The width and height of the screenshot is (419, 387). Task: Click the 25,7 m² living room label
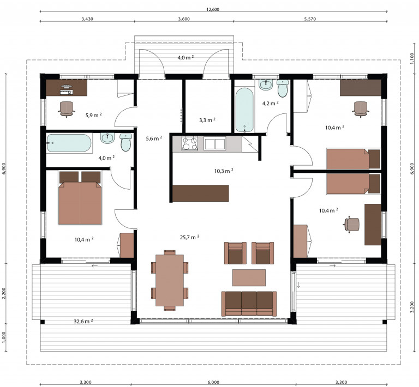click(189, 237)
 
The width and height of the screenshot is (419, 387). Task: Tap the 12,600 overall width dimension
click(213, 9)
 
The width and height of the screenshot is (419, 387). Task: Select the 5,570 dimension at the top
click(310, 19)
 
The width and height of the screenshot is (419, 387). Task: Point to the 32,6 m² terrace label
click(83, 321)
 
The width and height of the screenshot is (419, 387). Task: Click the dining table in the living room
click(170, 280)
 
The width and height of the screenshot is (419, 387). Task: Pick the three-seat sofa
click(249, 304)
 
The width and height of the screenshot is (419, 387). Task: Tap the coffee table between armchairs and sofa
click(249, 277)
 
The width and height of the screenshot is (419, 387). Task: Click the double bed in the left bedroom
click(80, 198)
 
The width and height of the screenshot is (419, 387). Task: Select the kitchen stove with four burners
click(190, 143)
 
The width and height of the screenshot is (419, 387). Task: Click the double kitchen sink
click(215, 143)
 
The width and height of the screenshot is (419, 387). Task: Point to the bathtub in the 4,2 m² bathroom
click(244, 110)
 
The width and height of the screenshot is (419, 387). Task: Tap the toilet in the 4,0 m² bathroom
click(125, 142)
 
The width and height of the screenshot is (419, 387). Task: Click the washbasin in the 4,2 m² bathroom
click(266, 84)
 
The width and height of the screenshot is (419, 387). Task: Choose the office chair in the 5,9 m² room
click(67, 109)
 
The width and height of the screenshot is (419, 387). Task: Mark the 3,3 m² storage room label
click(207, 120)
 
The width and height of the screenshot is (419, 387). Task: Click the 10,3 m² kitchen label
click(224, 171)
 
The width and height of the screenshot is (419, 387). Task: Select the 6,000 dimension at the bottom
click(213, 382)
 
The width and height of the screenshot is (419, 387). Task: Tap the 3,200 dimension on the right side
click(412, 307)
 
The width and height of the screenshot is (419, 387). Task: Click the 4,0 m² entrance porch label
click(185, 57)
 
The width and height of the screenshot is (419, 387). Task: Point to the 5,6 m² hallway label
click(154, 138)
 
